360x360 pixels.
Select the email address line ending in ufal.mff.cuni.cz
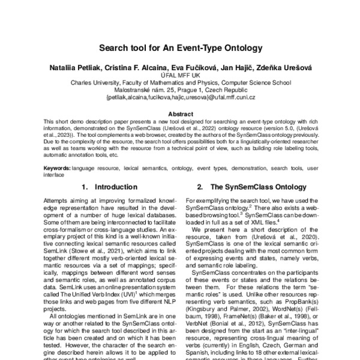point(180,97)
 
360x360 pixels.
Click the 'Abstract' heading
point(180,113)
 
